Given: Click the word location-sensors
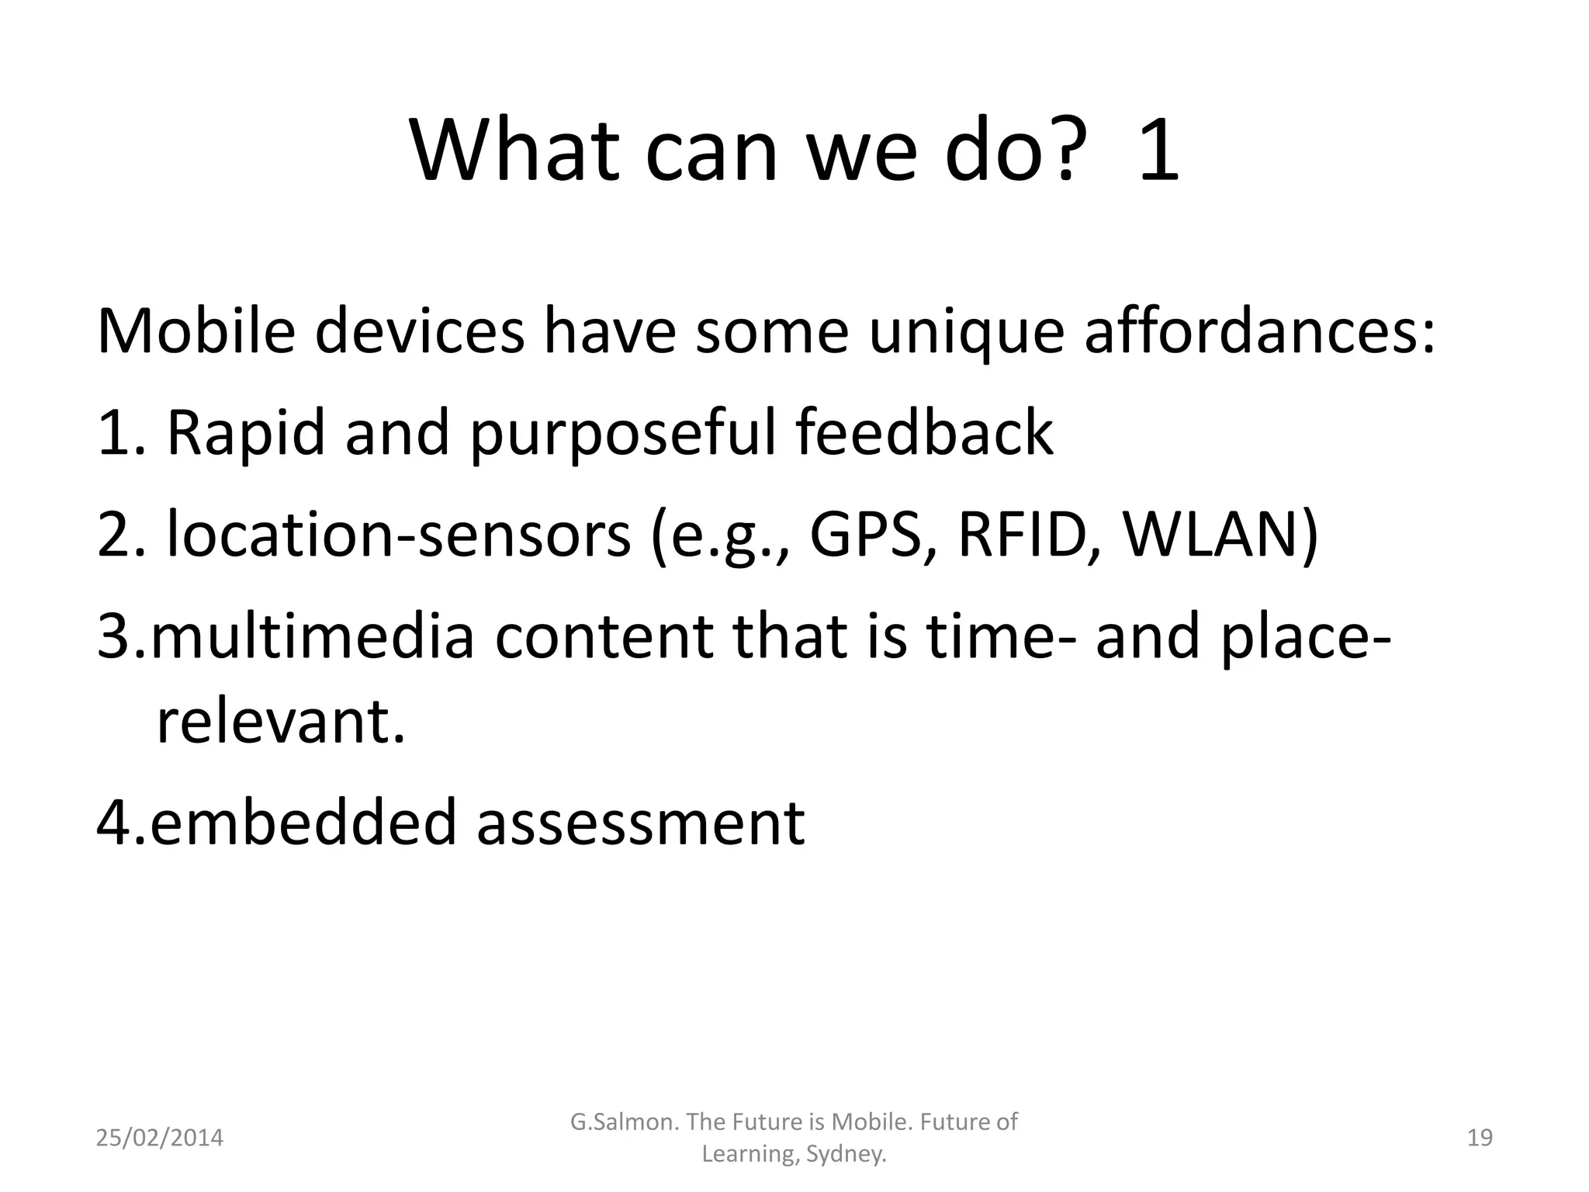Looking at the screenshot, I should click(x=399, y=535).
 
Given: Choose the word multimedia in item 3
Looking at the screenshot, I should click(x=312, y=636).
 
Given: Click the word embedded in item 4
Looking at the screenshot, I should click(x=303, y=823).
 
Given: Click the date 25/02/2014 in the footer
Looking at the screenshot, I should click(x=159, y=1138).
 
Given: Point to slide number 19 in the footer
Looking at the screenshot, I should click(x=1480, y=1138).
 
